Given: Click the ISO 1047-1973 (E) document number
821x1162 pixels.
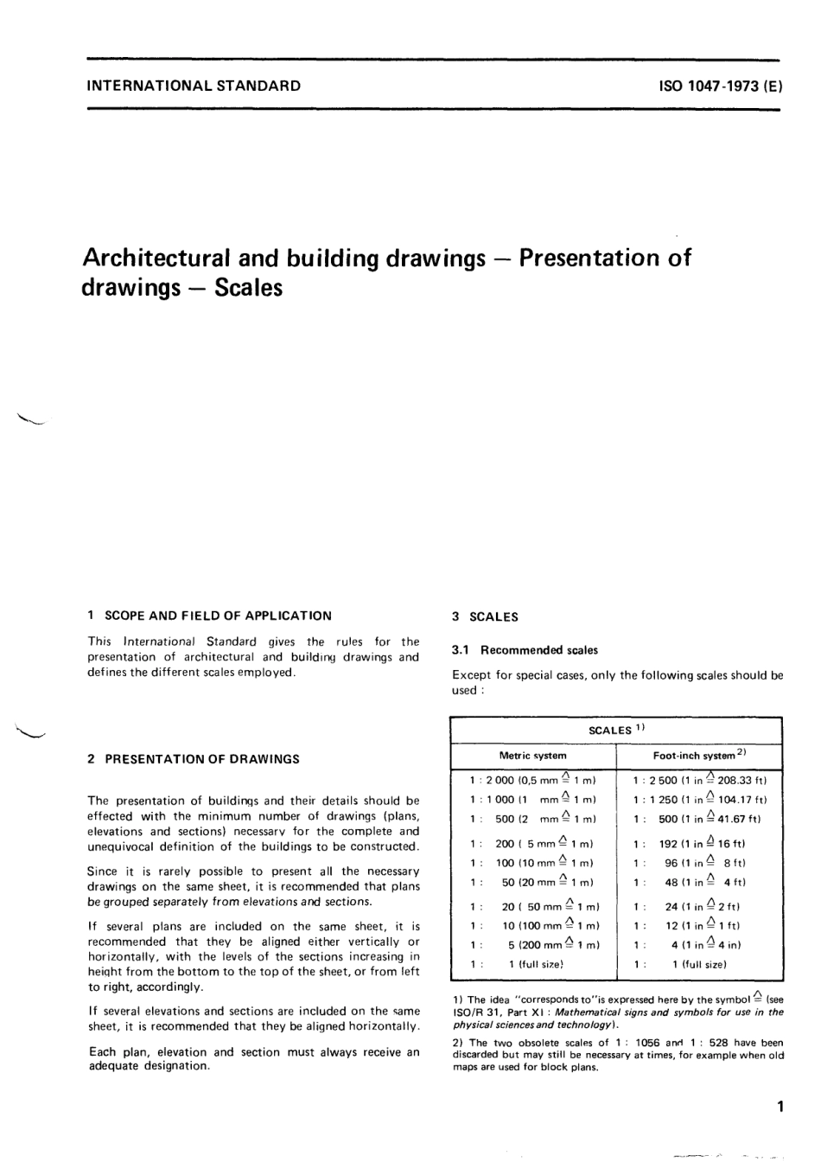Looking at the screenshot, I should coord(720,86).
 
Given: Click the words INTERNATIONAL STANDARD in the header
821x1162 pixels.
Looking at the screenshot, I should coord(194,86).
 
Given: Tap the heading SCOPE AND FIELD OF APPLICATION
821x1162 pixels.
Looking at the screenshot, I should coord(218,616).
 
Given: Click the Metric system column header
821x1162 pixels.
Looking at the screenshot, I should coord(533,756).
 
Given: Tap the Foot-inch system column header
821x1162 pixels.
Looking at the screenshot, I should coord(699,756).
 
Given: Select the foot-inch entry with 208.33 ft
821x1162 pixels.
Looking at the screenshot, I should coord(699,779).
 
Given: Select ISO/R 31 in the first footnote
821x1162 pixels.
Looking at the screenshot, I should coord(473,1012).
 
